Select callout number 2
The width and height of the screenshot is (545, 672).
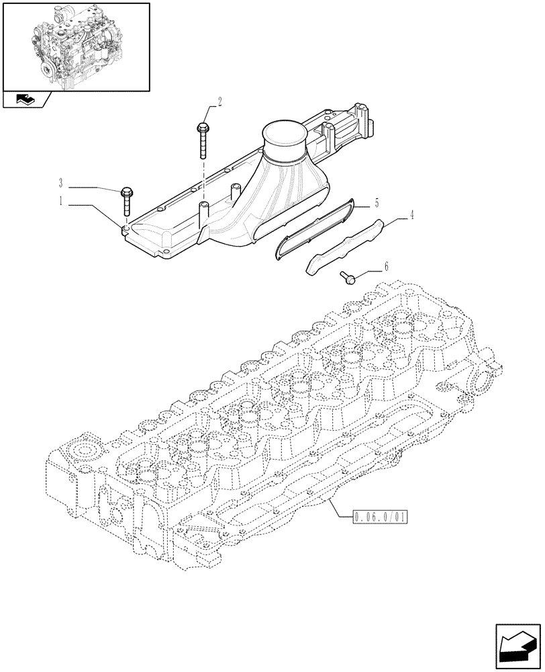point(219,102)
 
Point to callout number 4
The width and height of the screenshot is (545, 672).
point(411,216)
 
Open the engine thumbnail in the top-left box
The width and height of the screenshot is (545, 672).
point(76,46)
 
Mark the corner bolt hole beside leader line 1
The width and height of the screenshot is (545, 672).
point(126,228)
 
